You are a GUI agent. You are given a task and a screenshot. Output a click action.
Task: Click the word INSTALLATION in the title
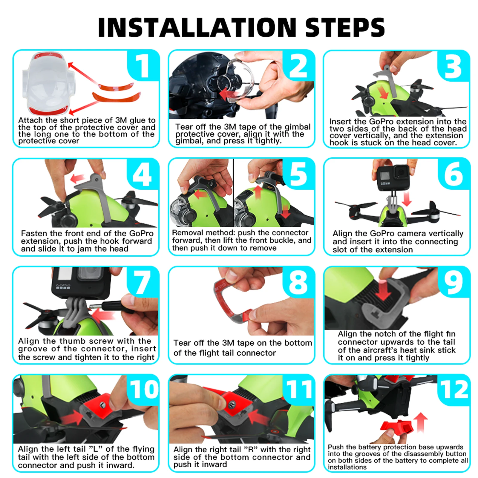click(197, 27)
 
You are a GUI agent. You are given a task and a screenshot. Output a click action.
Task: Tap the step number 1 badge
click(143, 65)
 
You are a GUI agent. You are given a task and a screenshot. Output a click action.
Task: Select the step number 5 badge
click(298, 174)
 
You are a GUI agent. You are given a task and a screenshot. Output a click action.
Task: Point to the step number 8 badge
click(298, 282)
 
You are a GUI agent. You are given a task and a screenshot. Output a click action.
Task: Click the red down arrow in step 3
click(384, 91)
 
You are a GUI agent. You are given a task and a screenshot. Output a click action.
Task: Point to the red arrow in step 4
click(77, 178)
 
